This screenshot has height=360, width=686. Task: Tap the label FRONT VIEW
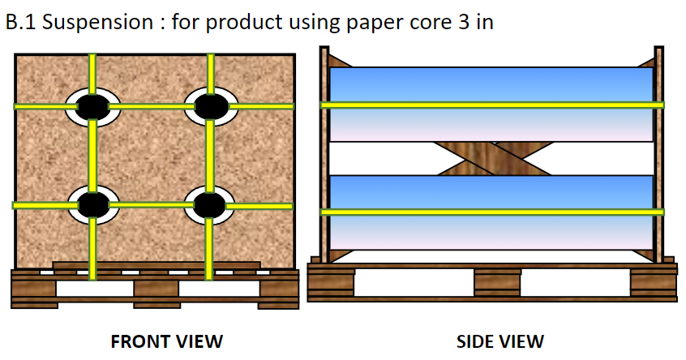pyautogui.click(x=166, y=341)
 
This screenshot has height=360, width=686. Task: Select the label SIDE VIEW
pyautogui.click(x=499, y=341)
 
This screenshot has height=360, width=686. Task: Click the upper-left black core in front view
pyautogui.click(x=93, y=105)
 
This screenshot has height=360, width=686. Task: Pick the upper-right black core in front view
pyautogui.click(x=211, y=105)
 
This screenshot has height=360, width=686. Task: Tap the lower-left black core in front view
pyautogui.click(x=93, y=204)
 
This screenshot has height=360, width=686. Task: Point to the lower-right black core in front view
pyautogui.click(x=209, y=204)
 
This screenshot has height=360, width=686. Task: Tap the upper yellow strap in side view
pyautogui.click(x=491, y=105)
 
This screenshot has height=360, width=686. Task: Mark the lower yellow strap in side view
pyautogui.click(x=491, y=212)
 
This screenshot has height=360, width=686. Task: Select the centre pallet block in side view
pyautogui.click(x=497, y=283)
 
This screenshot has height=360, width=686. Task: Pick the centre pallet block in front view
pyautogui.click(x=156, y=286)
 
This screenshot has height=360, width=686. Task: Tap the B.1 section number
pyautogui.click(x=20, y=22)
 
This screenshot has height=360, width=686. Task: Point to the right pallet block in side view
pyautogui.click(x=653, y=283)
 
